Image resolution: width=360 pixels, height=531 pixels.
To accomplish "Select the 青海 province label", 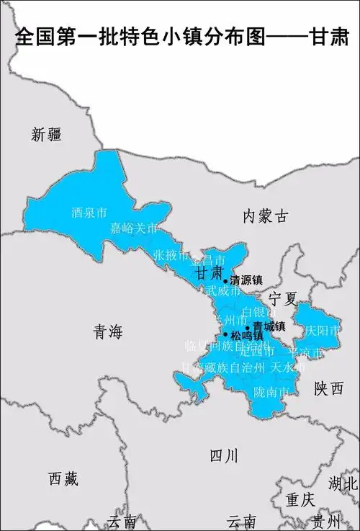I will (x=109, y=331).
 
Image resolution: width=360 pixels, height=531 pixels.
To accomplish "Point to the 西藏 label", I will (x=63, y=478).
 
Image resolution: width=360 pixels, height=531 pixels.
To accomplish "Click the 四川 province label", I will (x=223, y=455).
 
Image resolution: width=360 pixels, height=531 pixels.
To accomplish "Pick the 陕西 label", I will (x=328, y=389).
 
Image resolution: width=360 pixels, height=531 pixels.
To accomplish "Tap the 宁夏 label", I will (x=283, y=298).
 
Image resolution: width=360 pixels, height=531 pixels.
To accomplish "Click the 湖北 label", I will (x=343, y=483).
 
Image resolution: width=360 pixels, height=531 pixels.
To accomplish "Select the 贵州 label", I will (x=326, y=521).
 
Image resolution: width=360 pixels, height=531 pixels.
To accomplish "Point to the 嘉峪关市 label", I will (x=134, y=229).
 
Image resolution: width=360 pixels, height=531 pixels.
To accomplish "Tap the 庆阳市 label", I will (x=321, y=331).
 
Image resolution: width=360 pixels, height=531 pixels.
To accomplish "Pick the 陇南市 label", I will (x=272, y=392).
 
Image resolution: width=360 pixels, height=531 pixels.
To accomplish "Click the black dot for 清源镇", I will (x=225, y=281).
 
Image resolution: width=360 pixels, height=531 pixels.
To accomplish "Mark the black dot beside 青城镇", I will (x=248, y=327).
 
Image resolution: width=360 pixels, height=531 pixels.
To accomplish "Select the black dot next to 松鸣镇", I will (x=226, y=335).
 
